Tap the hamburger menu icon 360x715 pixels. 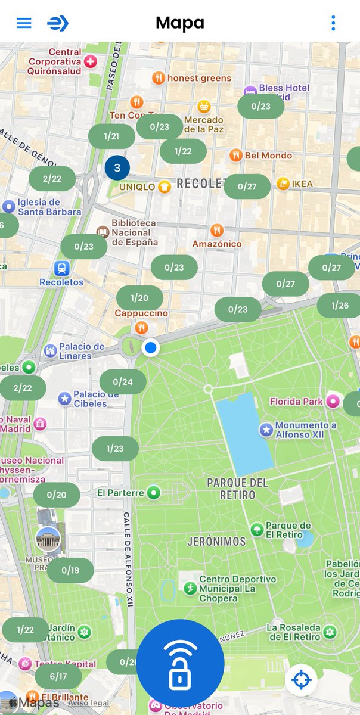tap(24, 23)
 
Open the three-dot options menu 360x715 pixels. tap(333, 23)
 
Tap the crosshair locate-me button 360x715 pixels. tap(301, 680)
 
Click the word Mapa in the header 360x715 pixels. tap(180, 23)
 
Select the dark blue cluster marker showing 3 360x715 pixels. tap(117, 168)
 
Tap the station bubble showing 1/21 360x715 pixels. tap(111, 136)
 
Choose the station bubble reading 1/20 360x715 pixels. tap(139, 298)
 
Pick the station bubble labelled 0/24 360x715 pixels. tap(123, 382)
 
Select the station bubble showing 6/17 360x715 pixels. tap(58, 676)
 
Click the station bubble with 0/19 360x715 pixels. tap(70, 570)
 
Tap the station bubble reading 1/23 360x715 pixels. tap(115, 449)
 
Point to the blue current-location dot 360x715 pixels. tap(151, 347)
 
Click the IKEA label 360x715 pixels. tap(302, 184)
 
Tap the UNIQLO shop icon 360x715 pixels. tap(165, 186)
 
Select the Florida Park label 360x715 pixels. tap(296, 401)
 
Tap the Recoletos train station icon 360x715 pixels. tap(61, 268)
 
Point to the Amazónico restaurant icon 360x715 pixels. tap(217, 230)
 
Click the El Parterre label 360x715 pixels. tap(121, 493)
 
